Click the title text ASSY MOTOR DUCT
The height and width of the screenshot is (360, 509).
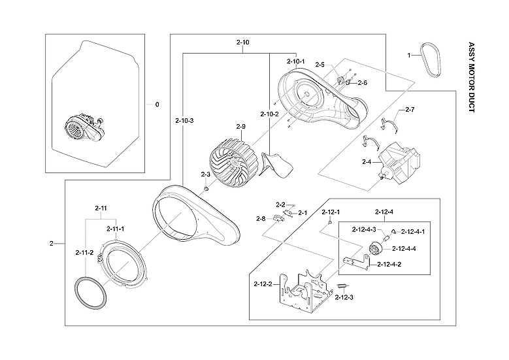(x=472, y=78)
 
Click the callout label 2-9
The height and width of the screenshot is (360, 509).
(x=240, y=126)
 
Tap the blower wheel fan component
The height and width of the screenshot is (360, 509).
(x=227, y=163)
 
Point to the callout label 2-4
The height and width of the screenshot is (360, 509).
(x=367, y=161)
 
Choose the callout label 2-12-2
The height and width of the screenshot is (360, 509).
(x=263, y=284)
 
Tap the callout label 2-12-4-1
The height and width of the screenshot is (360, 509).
(x=412, y=232)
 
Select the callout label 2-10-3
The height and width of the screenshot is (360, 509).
(x=184, y=120)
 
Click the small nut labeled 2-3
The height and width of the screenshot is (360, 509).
(x=206, y=189)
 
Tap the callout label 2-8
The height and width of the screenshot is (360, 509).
(x=260, y=218)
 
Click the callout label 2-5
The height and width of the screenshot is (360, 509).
(x=320, y=65)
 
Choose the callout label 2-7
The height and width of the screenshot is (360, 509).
(x=410, y=109)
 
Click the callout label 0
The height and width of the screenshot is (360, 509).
(x=157, y=104)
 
